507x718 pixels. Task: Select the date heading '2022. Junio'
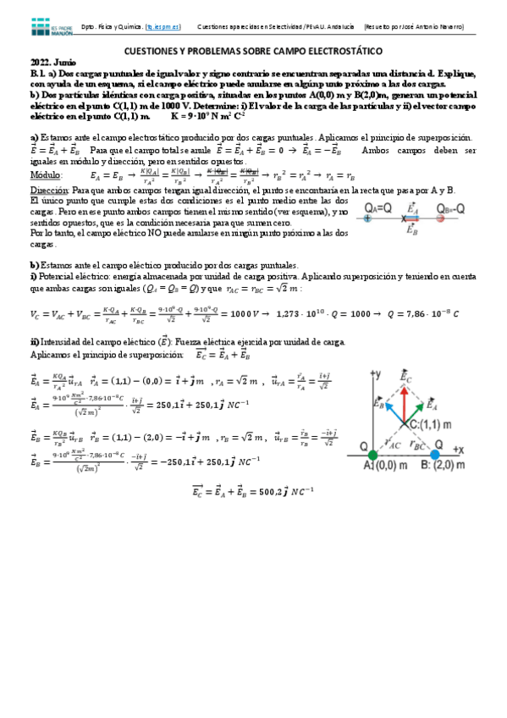[52, 64]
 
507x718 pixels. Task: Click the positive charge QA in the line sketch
[367, 218]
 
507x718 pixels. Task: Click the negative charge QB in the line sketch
[441, 218]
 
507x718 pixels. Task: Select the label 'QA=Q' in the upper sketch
[379, 207]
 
